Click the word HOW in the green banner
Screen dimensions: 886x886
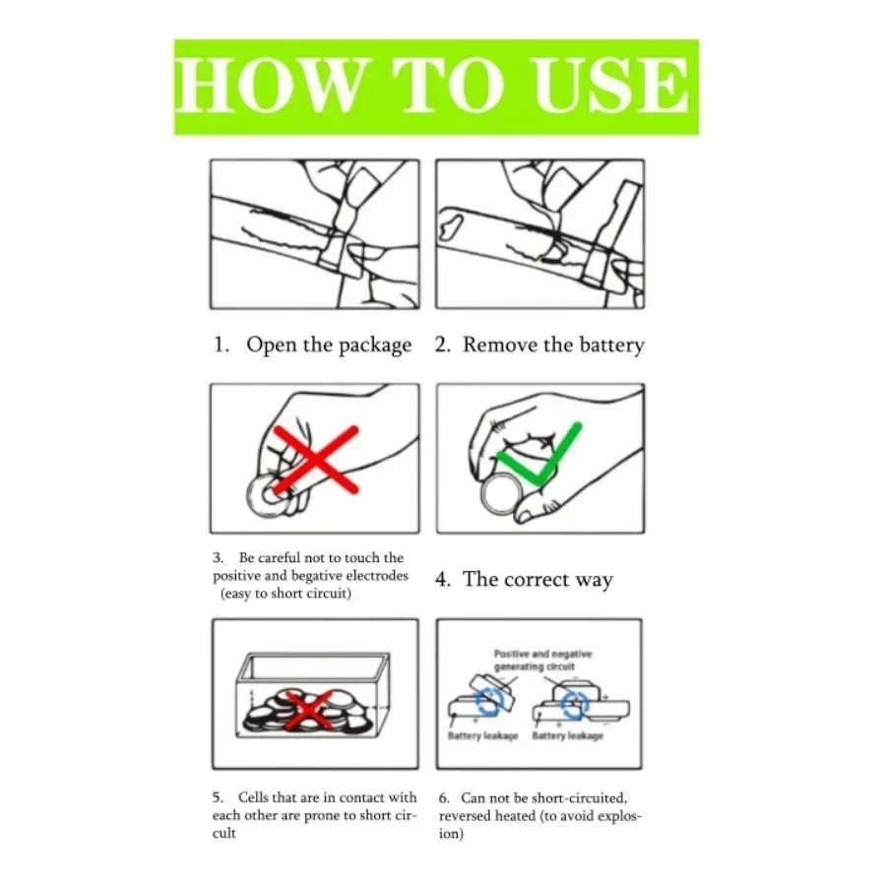(x=268, y=86)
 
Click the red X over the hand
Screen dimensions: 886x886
(x=316, y=460)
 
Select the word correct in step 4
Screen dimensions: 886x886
(x=537, y=579)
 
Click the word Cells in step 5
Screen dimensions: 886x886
(x=253, y=797)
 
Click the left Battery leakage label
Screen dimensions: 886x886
(x=482, y=735)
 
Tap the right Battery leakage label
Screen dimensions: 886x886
(x=567, y=735)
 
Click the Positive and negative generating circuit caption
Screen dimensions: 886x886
(x=542, y=660)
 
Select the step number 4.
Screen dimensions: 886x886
(x=441, y=579)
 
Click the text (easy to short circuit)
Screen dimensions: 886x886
(x=285, y=594)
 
